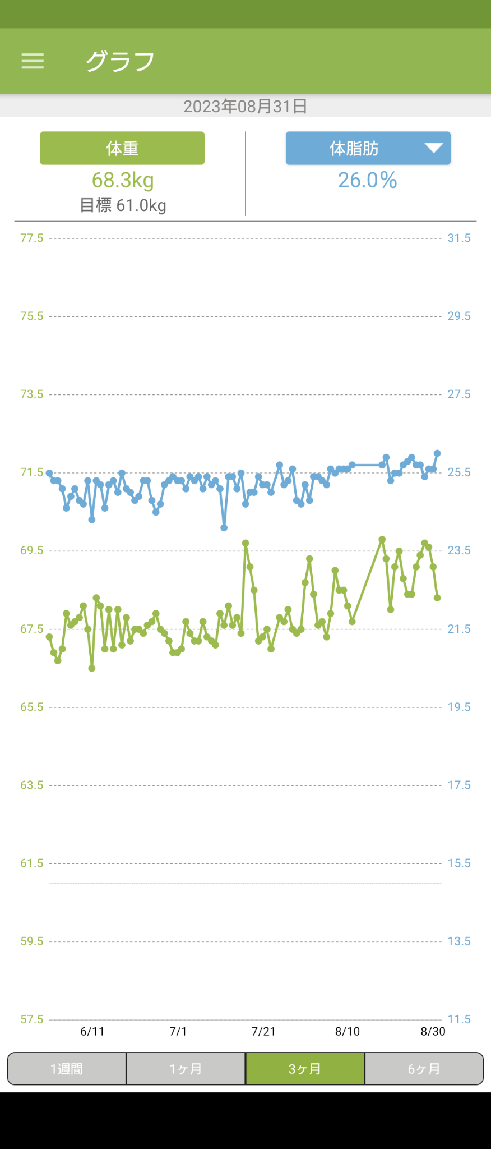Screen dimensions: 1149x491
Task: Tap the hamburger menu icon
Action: click(33, 61)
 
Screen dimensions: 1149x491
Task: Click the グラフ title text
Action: click(120, 61)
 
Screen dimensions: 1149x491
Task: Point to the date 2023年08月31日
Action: click(245, 106)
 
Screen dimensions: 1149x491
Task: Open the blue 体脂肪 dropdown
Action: click(368, 148)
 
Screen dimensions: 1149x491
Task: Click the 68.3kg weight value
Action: click(123, 180)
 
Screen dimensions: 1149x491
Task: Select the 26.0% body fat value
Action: click(367, 180)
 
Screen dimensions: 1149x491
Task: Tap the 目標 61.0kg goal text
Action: click(123, 205)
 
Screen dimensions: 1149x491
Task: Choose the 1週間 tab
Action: click(67, 1069)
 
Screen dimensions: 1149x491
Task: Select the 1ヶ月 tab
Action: click(186, 1069)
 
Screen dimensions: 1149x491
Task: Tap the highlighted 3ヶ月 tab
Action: click(305, 1069)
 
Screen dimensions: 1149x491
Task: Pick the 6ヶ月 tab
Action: click(424, 1069)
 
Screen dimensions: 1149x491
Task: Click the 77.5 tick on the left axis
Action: click(31, 238)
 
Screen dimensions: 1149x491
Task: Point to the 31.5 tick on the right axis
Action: click(458, 238)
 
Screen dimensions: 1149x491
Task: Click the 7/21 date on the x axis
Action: click(263, 1031)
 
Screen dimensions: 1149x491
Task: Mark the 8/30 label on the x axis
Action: click(433, 1031)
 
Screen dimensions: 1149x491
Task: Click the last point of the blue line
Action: click(437, 453)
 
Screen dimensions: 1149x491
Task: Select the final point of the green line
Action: click(437, 598)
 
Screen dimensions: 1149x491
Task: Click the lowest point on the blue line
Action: click(224, 528)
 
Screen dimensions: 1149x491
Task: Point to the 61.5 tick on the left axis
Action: click(31, 863)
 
